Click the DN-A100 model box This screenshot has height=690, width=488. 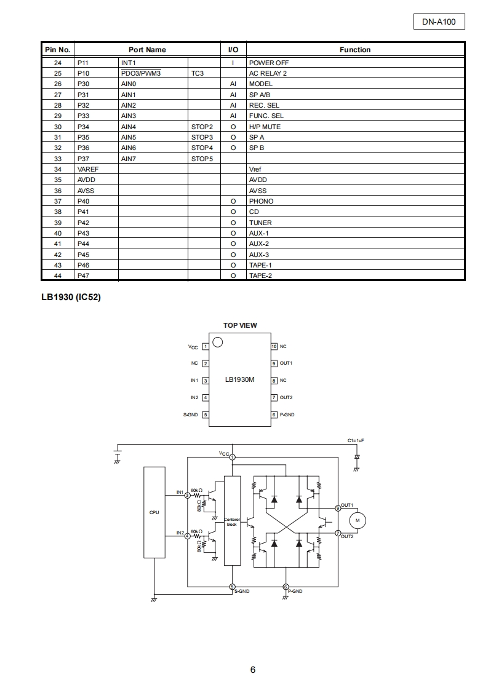pos(439,22)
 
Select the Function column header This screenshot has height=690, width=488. pos(355,50)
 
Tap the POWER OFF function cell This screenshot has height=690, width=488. pos(268,63)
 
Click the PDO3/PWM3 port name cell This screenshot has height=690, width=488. pos(141,73)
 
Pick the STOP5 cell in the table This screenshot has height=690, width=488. pos(202,158)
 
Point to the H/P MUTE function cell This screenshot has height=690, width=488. pos(265,127)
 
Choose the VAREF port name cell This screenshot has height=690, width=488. pos(89,169)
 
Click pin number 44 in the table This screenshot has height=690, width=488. pos(58,276)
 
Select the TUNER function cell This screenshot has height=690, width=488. pos(260,223)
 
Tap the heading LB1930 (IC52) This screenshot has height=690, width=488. pos(71,298)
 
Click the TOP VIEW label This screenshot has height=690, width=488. pos(240,325)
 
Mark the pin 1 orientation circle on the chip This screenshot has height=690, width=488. pos(217,342)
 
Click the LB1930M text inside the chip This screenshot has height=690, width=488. pos(239,380)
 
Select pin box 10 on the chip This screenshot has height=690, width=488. pos(274,346)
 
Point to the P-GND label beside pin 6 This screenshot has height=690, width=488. pos(287,415)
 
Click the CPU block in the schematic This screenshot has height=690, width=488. pos(154,512)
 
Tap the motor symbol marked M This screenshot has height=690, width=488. pos(358,520)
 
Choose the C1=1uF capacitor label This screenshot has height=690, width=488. pos(356,441)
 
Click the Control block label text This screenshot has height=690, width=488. pos(231,522)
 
